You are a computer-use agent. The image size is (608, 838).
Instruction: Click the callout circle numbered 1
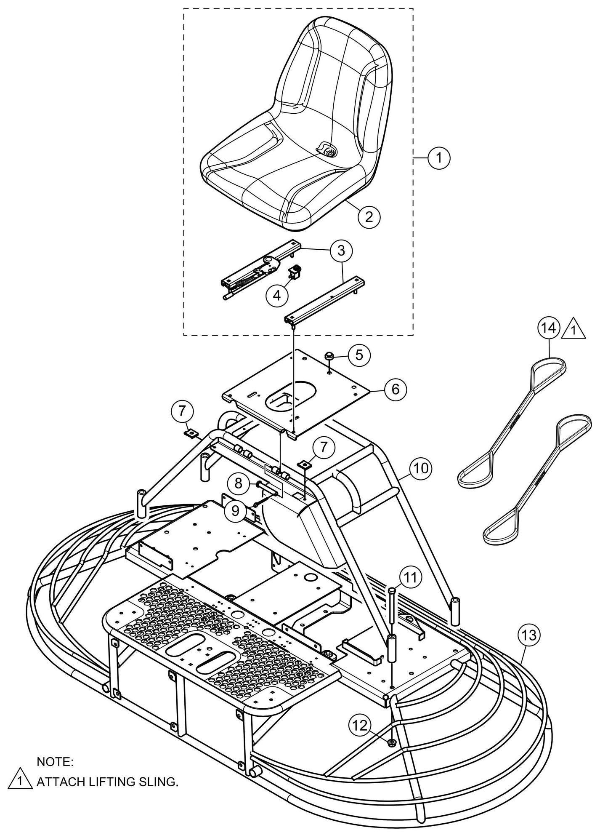coord(439,158)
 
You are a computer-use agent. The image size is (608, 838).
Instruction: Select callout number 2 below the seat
coord(369,216)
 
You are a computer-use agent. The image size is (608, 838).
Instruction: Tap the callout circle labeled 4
coord(277,296)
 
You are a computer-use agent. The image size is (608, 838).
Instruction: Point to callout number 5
coord(359,355)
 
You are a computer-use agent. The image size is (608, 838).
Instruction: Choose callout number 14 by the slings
coord(549,329)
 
